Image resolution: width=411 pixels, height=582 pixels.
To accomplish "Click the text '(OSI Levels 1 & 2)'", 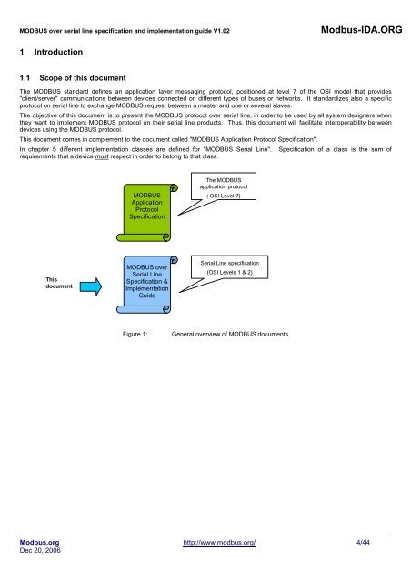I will tap(223, 272).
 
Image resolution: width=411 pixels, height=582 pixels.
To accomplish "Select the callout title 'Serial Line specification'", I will tap(223, 261).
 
